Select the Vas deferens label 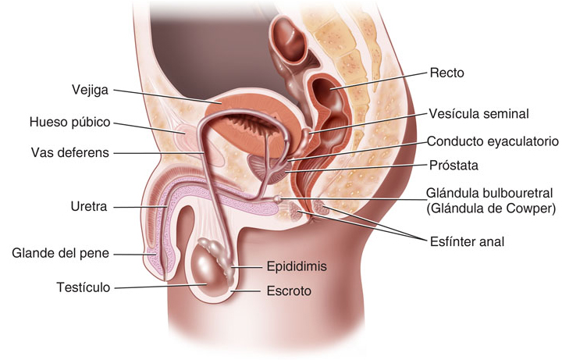point(70,151)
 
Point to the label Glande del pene point(61,253)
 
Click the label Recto point(446,73)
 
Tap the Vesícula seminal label point(478,113)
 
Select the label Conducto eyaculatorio point(493,141)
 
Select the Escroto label point(289,291)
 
